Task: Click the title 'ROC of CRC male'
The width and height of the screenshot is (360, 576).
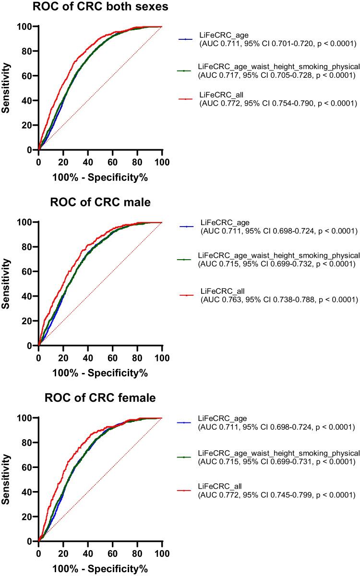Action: point(100,202)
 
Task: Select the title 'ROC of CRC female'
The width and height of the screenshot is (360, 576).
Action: point(100,398)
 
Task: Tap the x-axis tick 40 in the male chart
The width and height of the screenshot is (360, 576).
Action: point(88,357)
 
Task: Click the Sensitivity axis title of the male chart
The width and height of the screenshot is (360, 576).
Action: point(6,284)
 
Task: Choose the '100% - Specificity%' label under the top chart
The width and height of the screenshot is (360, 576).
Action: point(100,178)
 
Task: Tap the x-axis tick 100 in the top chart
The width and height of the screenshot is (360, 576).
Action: point(162,161)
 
